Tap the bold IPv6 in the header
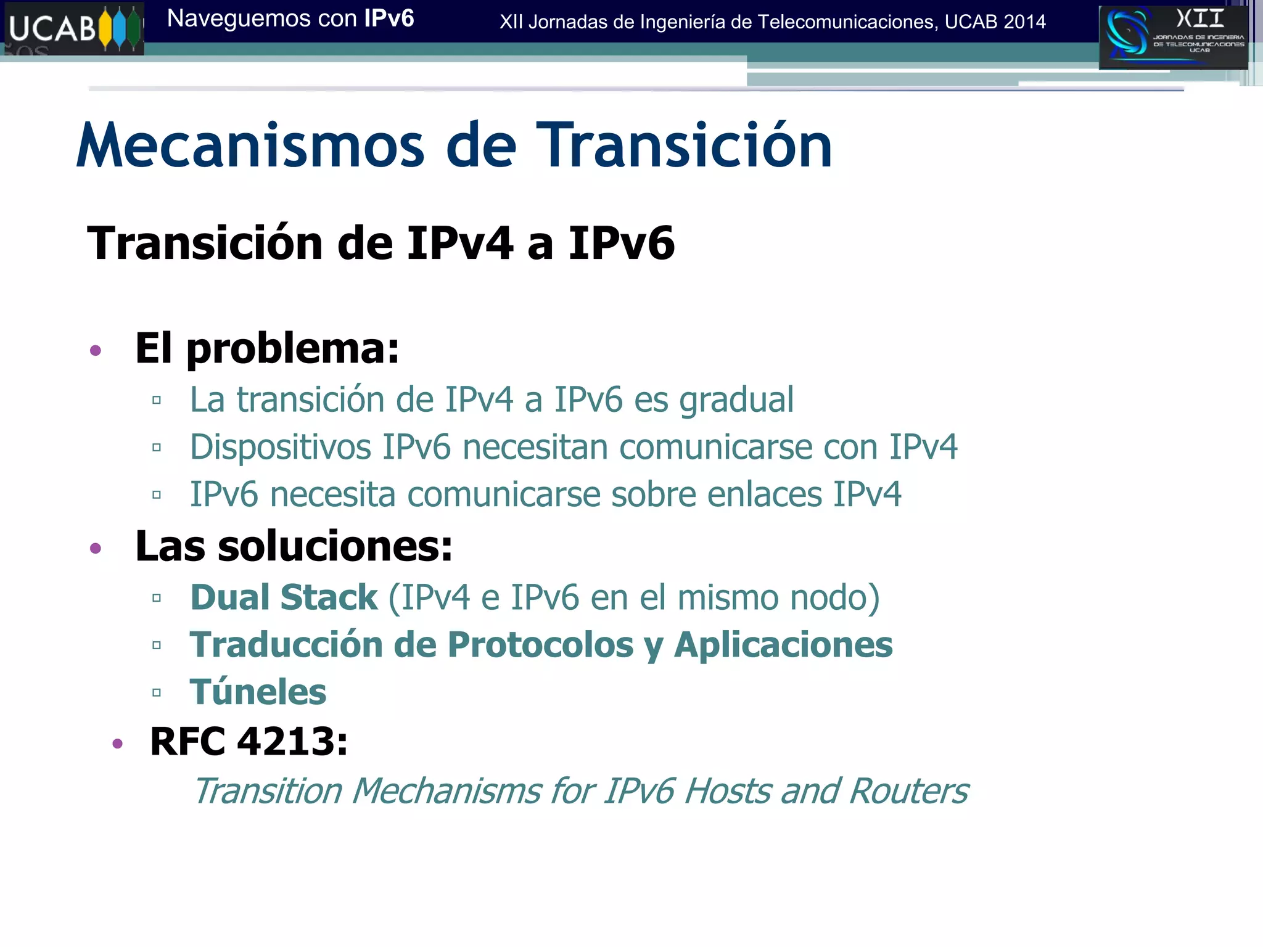tap(389, 18)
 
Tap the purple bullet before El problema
tap(96, 351)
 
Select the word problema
tap(292, 350)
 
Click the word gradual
tap(736, 400)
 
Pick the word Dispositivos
tap(281, 447)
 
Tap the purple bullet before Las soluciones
tap(96, 548)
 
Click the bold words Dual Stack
tap(284, 597)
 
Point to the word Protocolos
tap(541, 645)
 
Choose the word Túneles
tap(258, 692)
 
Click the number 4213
tap(292, 741)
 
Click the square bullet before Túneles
tap(157, 692)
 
